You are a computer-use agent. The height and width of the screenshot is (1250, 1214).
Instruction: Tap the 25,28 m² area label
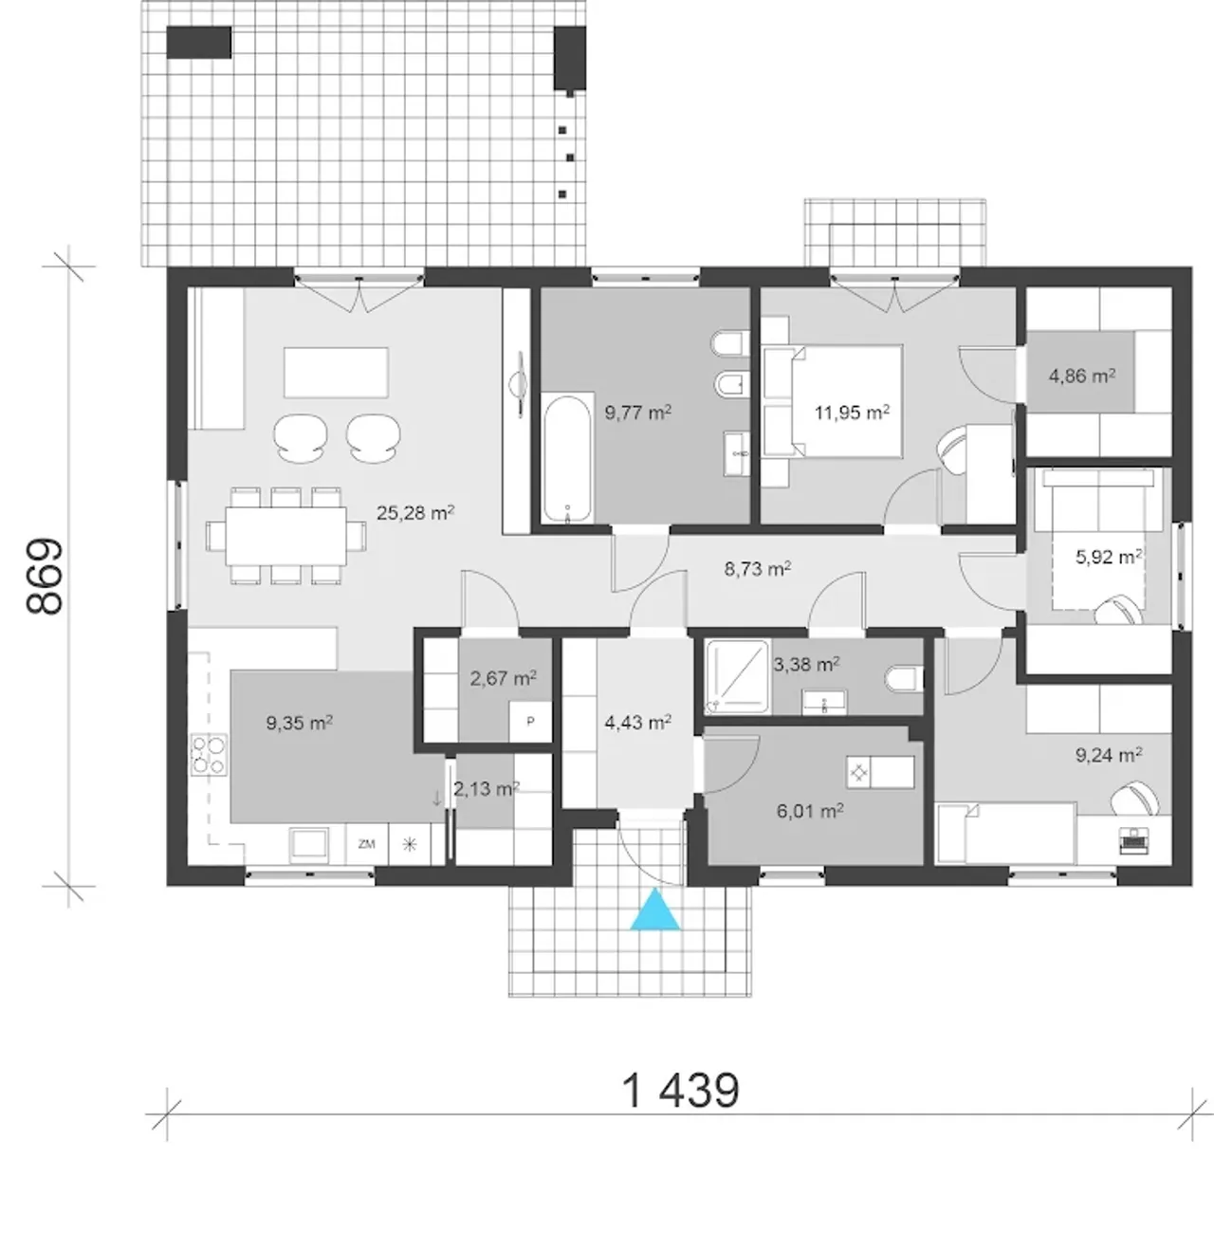pyautogui.click(x=415, y=512)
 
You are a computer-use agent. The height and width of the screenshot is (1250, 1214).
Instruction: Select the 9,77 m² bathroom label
pyautogui.click(x=637, y=412)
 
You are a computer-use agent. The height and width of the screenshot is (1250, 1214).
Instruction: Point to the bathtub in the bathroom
pyautogui.click(x=566, y=459)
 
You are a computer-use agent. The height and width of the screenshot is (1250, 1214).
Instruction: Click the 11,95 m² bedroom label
pyautogui.click(x=851, y=412)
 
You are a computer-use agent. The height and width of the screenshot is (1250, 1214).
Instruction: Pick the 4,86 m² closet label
pyautogui.click(x=1081, y=376)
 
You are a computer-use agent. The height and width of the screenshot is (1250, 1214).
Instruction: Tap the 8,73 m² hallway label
pyautogui.click(x=757, y=568)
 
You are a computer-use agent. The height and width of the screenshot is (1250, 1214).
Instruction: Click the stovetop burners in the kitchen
pyautogui.click(x=209, y=755)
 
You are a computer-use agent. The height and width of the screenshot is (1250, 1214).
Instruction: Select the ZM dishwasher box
pyautogui.click(x=366, y=844)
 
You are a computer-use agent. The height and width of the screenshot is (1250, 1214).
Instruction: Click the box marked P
pyautogui.click(x=530, y=722)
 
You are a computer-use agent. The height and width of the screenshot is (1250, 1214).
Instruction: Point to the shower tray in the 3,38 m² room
pyautogui.click(x=737, y=676)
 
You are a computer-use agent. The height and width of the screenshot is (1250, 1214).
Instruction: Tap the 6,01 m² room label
pyautogui.click(x=809, y=811)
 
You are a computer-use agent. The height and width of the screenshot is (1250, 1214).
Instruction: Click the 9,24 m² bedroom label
pyautogui.click(x=1108, y=754)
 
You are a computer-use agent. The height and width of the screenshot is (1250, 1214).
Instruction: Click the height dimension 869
pyautogui.click(x=45, y=577)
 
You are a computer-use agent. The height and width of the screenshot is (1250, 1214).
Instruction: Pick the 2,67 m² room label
pyautogui.click(x=503, y=678)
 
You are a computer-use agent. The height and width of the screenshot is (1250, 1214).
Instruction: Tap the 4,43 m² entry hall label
pyautogui.click(x=638, y=722)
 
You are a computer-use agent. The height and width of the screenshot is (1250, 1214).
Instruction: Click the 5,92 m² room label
pyautogui.click(x=1108, y=557)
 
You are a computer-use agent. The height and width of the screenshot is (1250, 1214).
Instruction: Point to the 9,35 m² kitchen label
pyautogui.click(x=300, y=723)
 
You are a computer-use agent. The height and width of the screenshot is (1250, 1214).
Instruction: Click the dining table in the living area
pyautogui.click(x=285, y=536)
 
